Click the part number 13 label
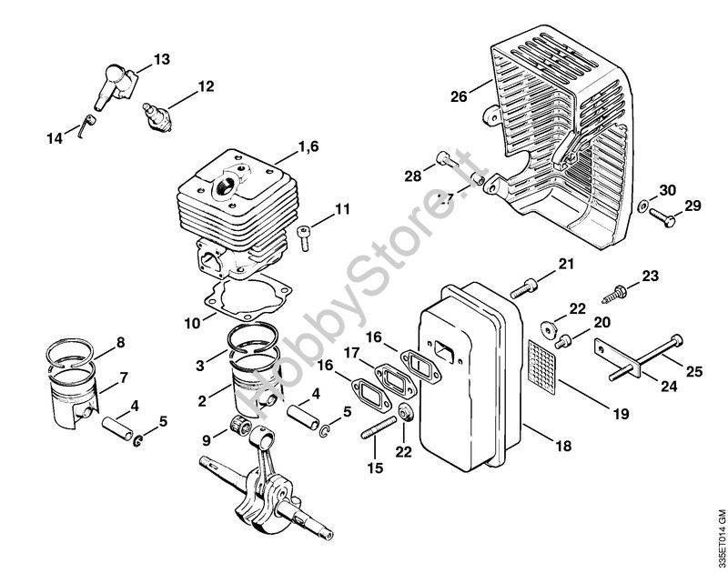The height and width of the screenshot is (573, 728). tap(161, 59)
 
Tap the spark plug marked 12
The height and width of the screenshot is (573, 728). tap(156, 116)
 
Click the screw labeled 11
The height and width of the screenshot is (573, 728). tap(305, 237)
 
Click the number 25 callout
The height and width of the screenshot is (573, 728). tap(694, 370)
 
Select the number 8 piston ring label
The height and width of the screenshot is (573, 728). tap(119, 343)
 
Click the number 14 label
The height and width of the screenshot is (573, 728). tap(55, 137)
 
